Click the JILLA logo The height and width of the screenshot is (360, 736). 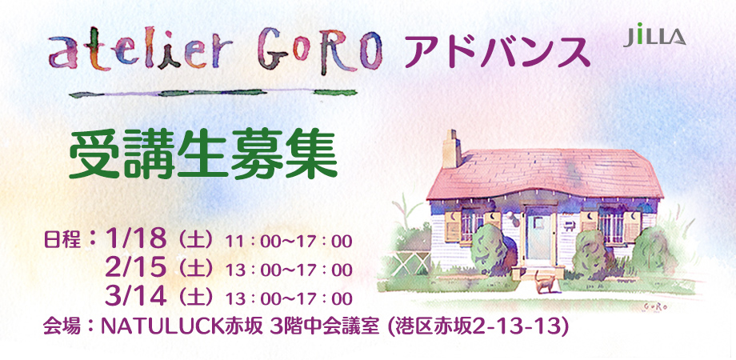click(x=654, y=36)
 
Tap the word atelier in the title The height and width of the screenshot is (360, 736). click(x=141, y=50)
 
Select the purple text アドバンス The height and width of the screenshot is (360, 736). click(x=497, y=53)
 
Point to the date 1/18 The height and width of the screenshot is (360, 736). click(x=136, y=239)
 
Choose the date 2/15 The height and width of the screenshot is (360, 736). click(x=136, y=267)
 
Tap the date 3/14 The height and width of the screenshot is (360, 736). click(x=136, y=296)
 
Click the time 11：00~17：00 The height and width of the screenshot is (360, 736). click(x=289, y=242)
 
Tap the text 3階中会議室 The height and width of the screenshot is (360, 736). click(x=324, y=326)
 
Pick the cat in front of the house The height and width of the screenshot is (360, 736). click(x=545, y=282)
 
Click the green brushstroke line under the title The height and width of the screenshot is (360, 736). click(x=213, y=93)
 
